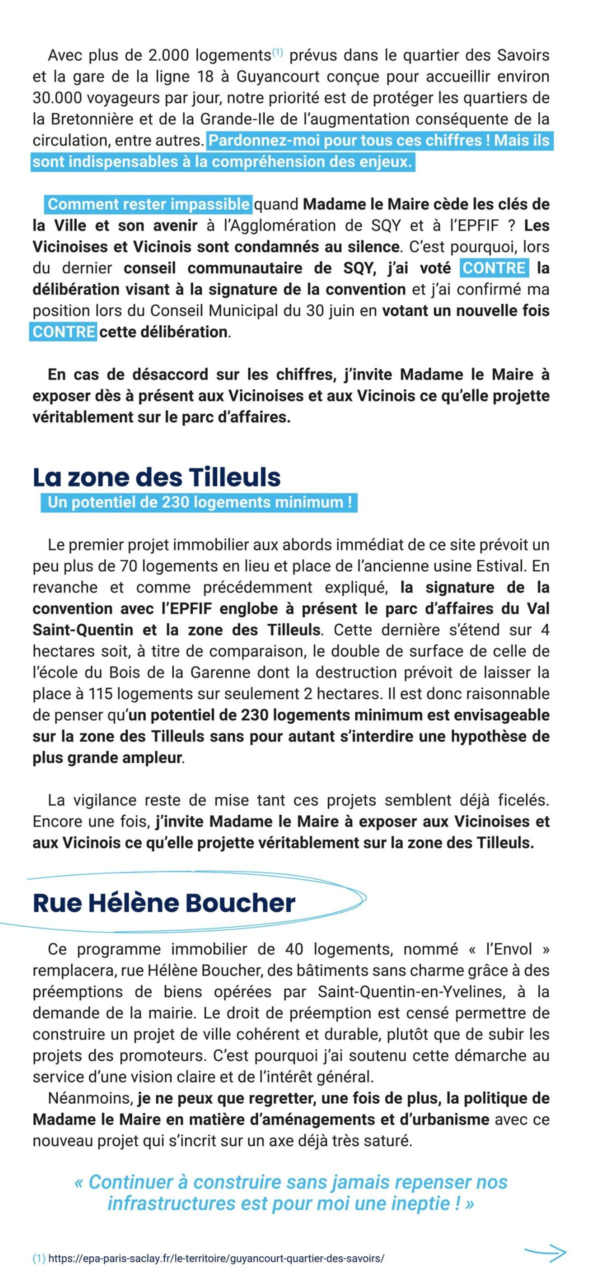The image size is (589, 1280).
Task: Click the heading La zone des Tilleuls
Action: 156,477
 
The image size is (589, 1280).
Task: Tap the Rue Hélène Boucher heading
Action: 164,902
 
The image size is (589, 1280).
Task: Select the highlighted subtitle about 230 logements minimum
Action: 199,502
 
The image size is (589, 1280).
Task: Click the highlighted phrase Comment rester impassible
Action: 148,204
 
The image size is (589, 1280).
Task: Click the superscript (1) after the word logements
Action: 277,52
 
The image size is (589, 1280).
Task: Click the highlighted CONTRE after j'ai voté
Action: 494,268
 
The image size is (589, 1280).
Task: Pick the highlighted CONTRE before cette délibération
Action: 63,332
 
